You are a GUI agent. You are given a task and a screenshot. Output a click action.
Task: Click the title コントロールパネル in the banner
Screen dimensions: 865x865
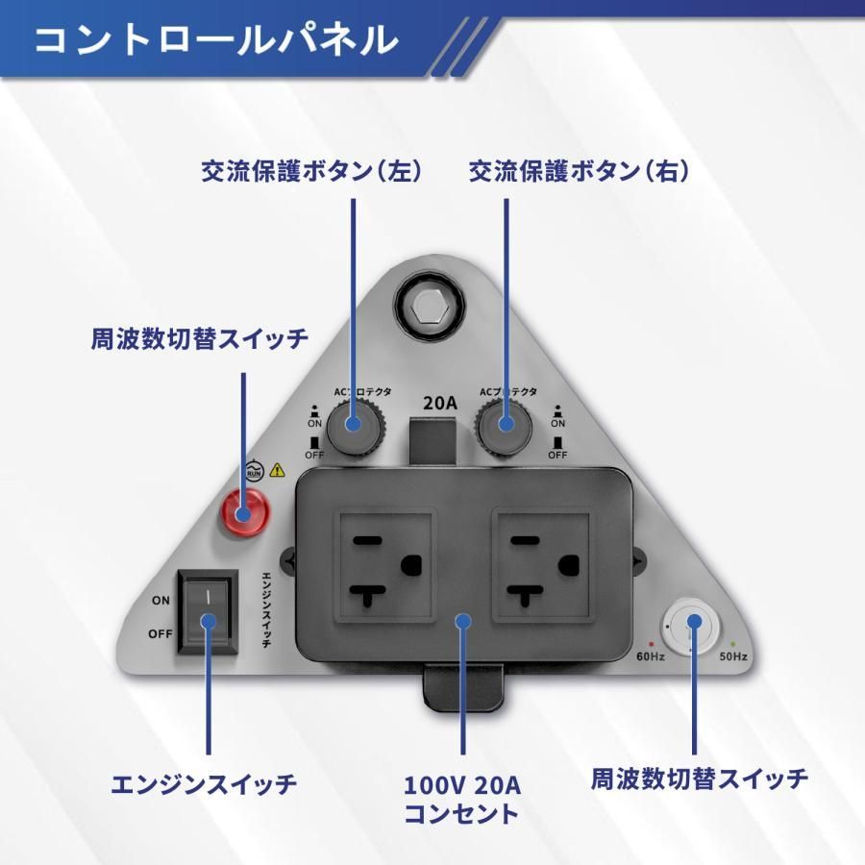coord(215,40)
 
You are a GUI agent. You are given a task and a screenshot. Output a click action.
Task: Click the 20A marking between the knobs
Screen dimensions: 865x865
coord(439,403)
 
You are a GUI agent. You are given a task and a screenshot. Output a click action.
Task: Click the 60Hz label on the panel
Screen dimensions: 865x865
coord(651,657)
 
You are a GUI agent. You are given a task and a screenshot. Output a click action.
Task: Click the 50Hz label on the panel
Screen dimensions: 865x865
coord(733,657)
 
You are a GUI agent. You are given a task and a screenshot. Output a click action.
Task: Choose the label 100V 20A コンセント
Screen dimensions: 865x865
coord(461,800)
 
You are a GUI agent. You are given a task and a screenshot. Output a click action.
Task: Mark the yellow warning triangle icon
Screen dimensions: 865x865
coord(278,470)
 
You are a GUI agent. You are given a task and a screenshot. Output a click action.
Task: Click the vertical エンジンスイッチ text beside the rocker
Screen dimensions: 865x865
coord(267,612)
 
